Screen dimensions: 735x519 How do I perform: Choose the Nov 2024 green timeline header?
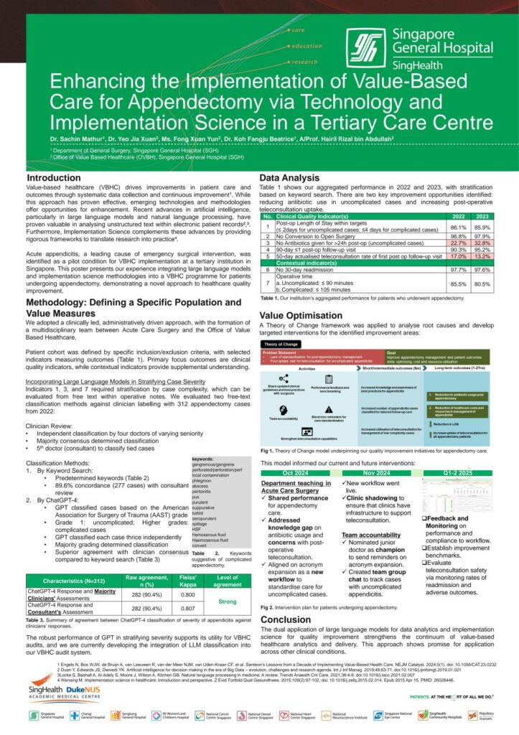pos(376,473)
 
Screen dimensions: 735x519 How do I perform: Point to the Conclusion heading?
pos(286,618)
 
